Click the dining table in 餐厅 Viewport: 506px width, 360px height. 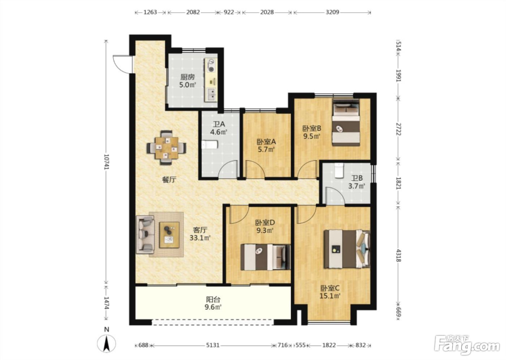(x=167, y=148)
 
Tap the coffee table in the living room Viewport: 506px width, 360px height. (x=169, y=235)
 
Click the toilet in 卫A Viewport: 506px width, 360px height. (x=210, y=145)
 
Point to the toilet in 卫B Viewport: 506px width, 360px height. (x=339, y=171)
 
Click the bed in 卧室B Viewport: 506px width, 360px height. (x=346, y=123)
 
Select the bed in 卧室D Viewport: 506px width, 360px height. (x=265, y=257)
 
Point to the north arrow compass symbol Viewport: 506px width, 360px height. (x=106, y=343)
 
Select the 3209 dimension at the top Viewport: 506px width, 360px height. (x=332, y=12)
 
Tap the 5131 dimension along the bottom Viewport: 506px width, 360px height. (x=213, y=345)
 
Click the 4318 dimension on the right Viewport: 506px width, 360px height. (x=399, y=256)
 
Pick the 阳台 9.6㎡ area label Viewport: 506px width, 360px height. (x=213, y=303)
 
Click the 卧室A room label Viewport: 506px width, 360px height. (x=266, y=142)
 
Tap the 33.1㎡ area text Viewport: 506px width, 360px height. (x=200, y=238)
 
